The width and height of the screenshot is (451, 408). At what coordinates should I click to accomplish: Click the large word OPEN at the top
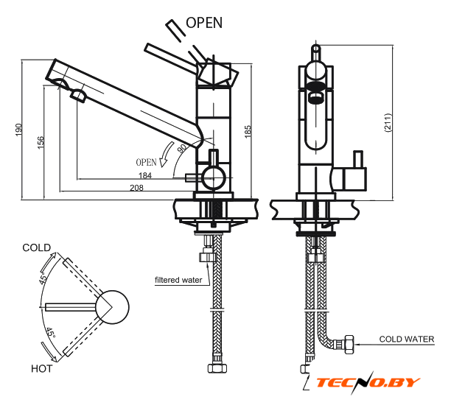pyautogui.click(x=204, y=22)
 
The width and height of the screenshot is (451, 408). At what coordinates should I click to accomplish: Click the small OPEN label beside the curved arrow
pyautogui.click(x=146, y=161)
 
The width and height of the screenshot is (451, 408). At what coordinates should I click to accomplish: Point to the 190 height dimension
pyautogui.click(x=18, y=130)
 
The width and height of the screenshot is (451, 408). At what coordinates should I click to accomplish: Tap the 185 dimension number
pyautogui.click(x=249, y=131)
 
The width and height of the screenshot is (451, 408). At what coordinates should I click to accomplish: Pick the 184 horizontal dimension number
pyautogui.click(x=146, y=175)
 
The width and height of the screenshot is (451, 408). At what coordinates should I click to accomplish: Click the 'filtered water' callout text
pyautogui.click(x=178, y=280)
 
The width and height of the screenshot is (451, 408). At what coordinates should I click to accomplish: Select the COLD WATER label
pyautogui.click(x=407, y=340)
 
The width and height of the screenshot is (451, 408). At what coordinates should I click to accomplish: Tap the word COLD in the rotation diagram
pyautogui.click(x=37, y=247)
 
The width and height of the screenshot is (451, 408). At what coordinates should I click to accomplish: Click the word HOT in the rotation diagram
pyautogui.click(x=41, y=367)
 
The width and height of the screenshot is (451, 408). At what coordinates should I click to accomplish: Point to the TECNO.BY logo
pyautogui.click(x=368, y=382)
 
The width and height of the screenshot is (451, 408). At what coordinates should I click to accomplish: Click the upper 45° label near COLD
pyautogui.click(x=43, y=278)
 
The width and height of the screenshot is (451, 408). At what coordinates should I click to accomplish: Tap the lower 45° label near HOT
pyautogui.click(x=49, y=335)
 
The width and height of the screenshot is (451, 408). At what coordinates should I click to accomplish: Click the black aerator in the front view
pyautogui.click(x=315, y=95)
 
